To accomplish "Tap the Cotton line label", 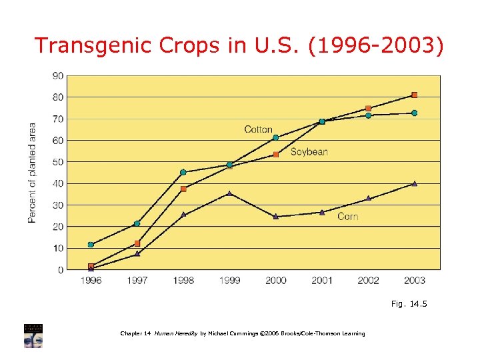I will click(x=258, y=129).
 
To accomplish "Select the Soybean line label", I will click(x=309, y=152).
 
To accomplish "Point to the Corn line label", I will click(x=347, y=216).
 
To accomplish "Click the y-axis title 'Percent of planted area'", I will click(x=32, y=173).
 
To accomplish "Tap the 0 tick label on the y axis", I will click(x=61, y=270).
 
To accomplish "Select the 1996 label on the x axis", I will click(x=91, y=281).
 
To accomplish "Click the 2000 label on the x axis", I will click(x=275, y=281).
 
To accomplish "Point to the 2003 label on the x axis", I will click(x=414, y=281).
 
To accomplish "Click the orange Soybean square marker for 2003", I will click(x=414, y=95).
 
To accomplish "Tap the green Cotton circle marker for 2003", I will click(x=414, y=113).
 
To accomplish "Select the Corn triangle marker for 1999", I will click(x=229, y=193).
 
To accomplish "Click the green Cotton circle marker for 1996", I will click(x=91, y=245).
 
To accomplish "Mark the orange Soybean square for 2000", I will click(x=275, y=155).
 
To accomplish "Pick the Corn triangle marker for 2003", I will click(x=414, y=183).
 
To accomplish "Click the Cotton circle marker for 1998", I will click(x=183, y=172).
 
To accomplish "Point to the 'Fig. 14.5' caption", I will click(x=409, y=304).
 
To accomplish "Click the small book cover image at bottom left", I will click(x=33, y=335).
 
